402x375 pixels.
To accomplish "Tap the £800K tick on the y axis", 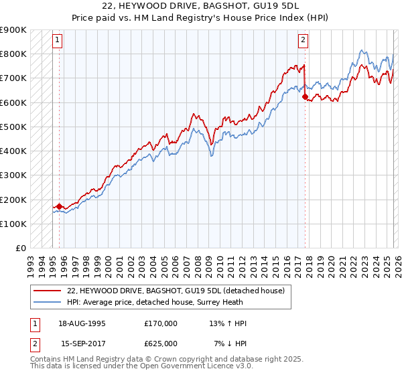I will [x=13, y=54].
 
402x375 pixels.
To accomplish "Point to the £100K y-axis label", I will [x=13, y=224].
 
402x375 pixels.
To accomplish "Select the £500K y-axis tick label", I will [x=13, y=127].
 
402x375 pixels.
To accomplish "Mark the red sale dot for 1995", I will [x=59, y=207].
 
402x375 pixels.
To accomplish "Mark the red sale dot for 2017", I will [x=305, y=96].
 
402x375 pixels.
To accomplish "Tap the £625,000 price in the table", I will [x=160, y=343].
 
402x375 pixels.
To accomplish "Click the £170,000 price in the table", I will [x=160, y=323].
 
